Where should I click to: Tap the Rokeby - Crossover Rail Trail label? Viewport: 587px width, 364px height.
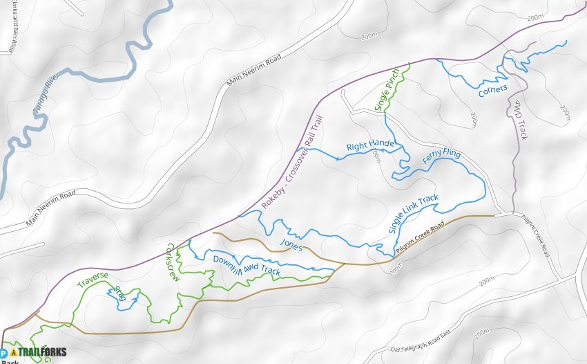293,162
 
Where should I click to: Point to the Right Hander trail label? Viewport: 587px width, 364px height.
371,145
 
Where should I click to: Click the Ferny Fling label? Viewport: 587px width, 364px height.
441,161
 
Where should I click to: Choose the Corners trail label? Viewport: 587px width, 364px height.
492,90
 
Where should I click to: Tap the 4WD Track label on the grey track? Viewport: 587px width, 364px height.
520,120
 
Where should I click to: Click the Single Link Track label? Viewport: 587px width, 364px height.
413,214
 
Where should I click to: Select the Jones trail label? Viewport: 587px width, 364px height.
291,244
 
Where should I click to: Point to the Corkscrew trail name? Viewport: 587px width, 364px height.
173,261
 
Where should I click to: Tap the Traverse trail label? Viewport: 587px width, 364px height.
93,280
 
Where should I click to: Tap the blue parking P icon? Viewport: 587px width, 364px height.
3,352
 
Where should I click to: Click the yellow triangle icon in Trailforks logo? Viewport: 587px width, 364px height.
14,352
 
